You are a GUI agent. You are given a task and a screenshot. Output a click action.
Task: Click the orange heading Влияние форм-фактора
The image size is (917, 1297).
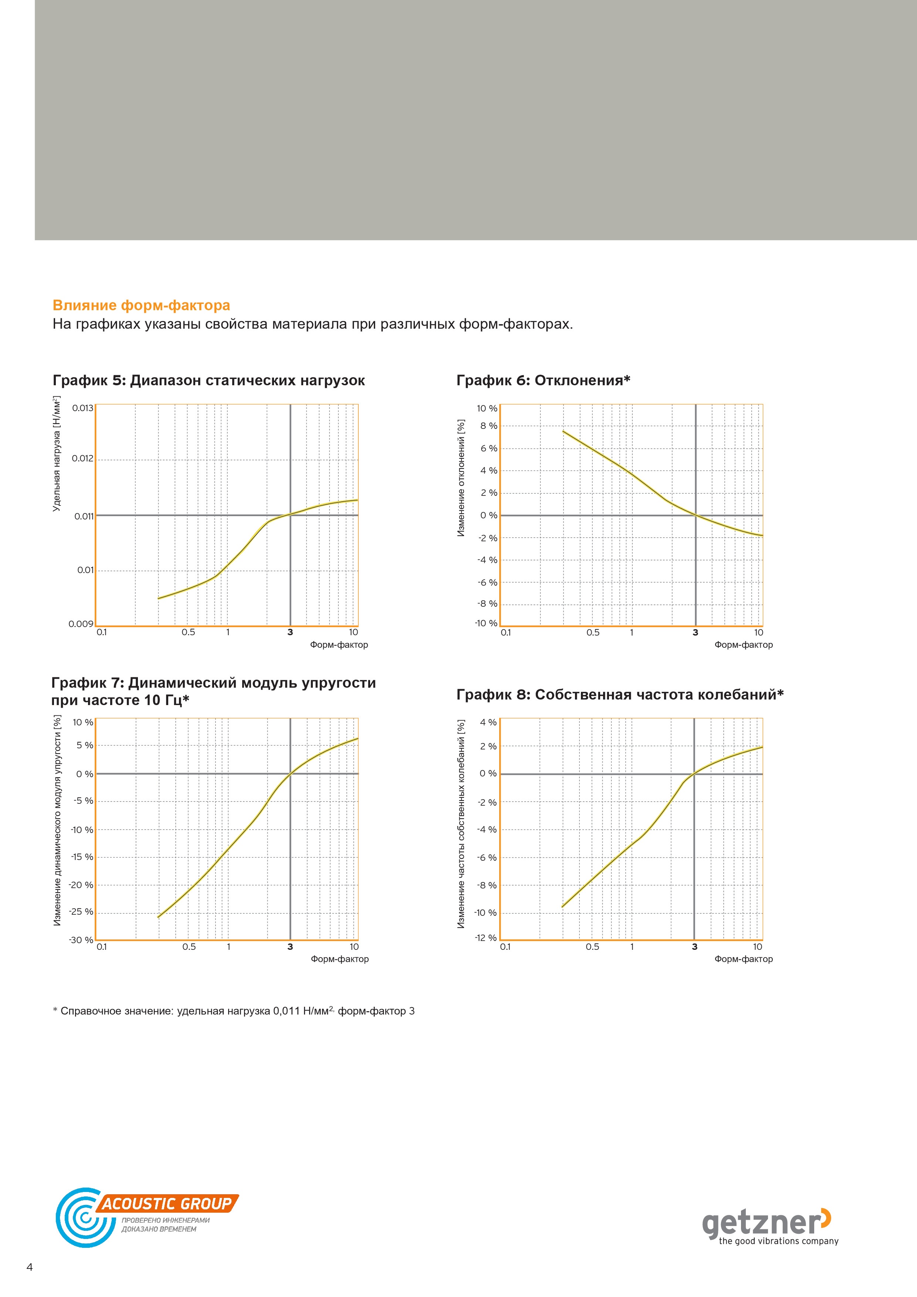[141, 306]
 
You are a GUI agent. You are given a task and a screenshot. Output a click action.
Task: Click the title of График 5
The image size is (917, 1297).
[209, 381]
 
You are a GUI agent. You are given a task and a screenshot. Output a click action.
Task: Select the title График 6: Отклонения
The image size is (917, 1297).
[543, 381]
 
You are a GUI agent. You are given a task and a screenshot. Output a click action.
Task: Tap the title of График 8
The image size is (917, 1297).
[620, 695]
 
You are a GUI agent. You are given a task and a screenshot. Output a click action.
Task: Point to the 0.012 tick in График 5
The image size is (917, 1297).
[82, 458]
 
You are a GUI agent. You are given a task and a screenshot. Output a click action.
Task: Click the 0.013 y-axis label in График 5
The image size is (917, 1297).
[82, 408]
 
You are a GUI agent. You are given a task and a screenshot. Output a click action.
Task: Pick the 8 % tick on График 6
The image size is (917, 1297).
[489, 426]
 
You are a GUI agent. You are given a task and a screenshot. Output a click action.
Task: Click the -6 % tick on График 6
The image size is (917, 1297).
[487, 582]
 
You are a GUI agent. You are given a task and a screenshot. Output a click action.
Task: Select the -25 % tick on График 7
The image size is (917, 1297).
[81, 912]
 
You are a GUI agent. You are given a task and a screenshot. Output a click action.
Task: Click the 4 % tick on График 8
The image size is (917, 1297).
[488, 722]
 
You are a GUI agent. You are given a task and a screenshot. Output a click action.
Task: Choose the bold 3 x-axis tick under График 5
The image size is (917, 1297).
[290, 632]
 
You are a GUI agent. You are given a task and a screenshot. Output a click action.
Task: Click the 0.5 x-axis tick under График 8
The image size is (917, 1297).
[592, 947]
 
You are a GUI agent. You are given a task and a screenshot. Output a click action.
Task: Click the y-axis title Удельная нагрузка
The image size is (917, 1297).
[57, 454]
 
